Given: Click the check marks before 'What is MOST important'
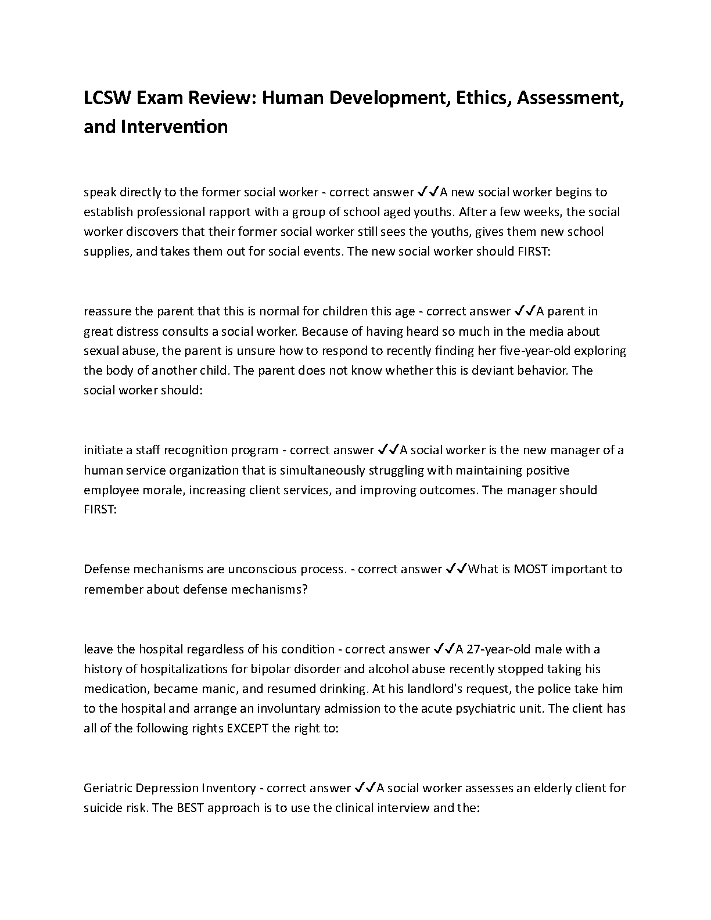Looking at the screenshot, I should click(456, 569).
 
